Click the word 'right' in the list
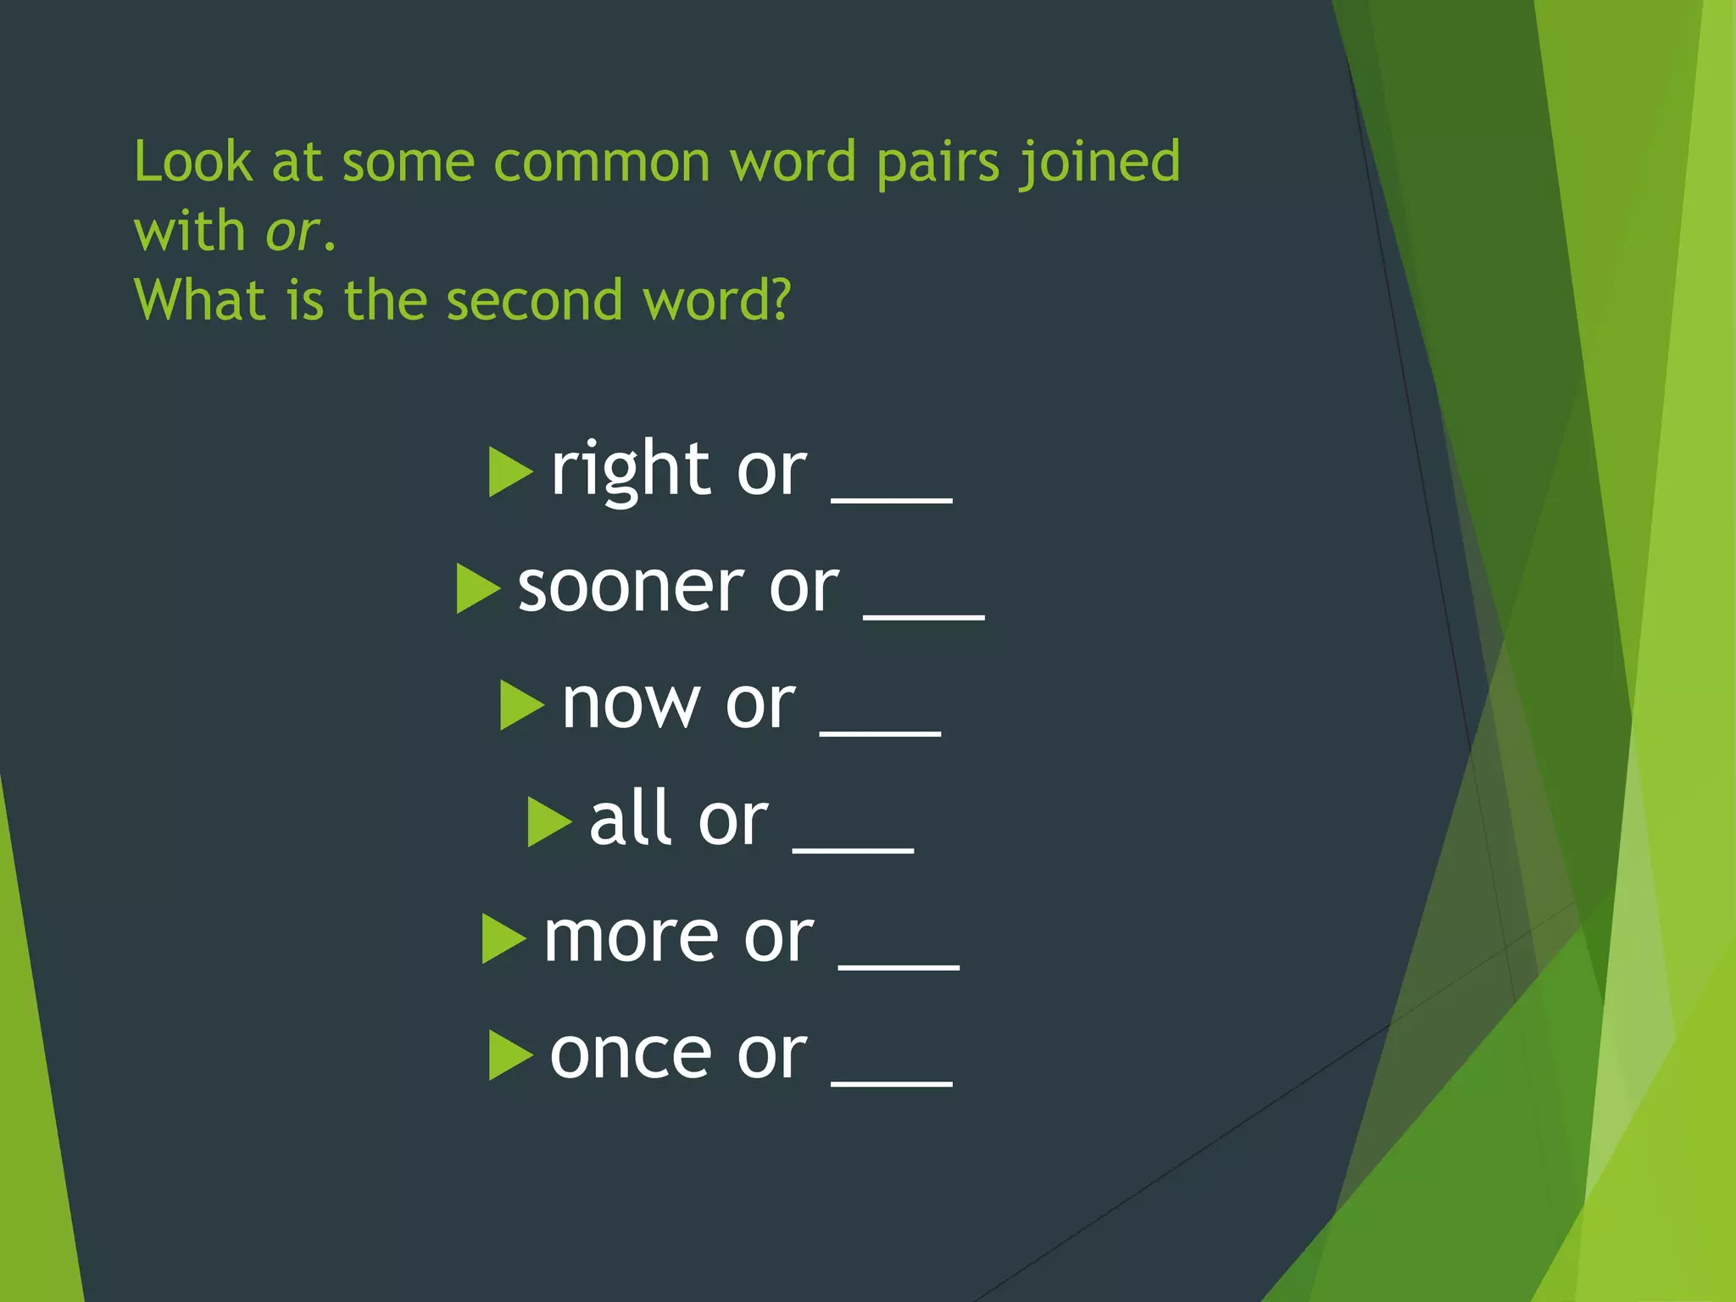tap(630, 471)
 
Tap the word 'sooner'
tap(631, 587)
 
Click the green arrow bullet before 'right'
tap(509, 472)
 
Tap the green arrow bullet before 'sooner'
tap(477, 588)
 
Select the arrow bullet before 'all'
tap(548, 821)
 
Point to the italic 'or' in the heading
tap(292, 231)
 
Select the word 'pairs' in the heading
tap(938, 163)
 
